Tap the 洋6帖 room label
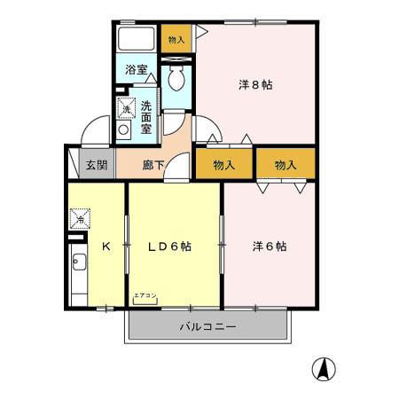[268, 246]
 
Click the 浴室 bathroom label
[136, 68]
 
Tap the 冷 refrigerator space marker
[80, 216]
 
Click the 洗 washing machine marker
[127, 109]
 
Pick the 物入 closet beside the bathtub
[176, 39]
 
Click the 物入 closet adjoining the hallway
[223, 165]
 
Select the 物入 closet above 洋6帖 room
[285, 165]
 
